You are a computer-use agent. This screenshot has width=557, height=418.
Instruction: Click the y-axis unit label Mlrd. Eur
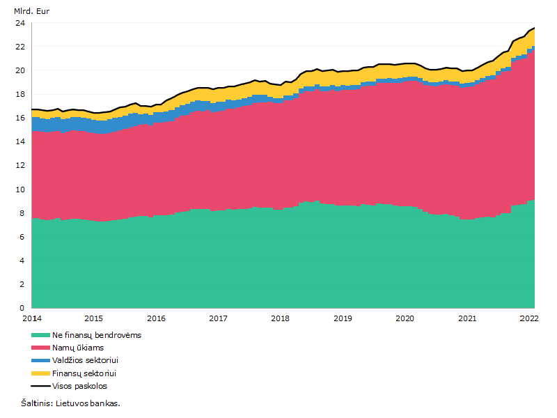click(31, 11)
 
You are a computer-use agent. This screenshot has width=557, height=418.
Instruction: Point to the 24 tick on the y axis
click(20, 23)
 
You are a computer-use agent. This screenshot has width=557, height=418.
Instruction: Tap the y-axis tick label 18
click(20, 94)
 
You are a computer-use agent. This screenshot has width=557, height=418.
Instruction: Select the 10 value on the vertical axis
click(20, 189)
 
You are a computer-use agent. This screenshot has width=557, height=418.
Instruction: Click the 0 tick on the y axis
click(22, 308)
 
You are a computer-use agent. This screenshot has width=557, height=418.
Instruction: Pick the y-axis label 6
click(22, 237)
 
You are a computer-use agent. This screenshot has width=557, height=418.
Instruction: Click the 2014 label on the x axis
click(32, 318)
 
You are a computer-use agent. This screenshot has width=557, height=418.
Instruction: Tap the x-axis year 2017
click(218, 318)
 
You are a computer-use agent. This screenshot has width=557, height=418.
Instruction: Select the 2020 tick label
click(405, 318)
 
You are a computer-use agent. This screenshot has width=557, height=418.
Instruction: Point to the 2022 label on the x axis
click(529, 318)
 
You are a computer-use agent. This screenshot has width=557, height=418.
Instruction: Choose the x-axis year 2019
click(343, 318)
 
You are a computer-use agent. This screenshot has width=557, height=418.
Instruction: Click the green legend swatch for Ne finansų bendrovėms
click(40, 335)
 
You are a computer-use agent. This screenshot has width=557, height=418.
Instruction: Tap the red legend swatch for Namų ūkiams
click(40, 348)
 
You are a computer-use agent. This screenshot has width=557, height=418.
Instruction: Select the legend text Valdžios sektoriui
click(85, 360)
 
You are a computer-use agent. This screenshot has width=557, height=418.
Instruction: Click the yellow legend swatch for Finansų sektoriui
click(40, 373)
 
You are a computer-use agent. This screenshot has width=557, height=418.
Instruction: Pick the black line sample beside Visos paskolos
click(40, 386)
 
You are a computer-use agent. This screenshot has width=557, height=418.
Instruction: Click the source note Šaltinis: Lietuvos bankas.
click(71, 403)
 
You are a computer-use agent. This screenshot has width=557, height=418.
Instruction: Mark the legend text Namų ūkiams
click(78, 348)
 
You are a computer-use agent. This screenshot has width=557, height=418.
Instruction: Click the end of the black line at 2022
click(534, 28)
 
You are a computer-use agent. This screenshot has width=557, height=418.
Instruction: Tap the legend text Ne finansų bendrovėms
click(97, 335)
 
